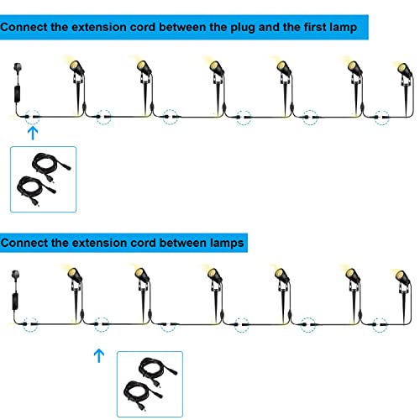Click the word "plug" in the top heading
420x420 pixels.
coord(242,28)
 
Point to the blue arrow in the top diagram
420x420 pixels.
coord(33,134)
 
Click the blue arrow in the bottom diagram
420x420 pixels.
coord(99,355)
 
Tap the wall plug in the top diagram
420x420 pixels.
coord(18,69)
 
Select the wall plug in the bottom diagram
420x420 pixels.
coord(16,276)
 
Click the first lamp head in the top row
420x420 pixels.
coord(76,67)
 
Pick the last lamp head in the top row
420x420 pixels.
coord(405,70)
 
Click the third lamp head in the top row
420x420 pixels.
coord(216,68)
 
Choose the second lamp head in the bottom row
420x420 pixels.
coord(142,275)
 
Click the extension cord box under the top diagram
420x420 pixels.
coord(43,179)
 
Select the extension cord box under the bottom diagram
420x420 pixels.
coord(150,384)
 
